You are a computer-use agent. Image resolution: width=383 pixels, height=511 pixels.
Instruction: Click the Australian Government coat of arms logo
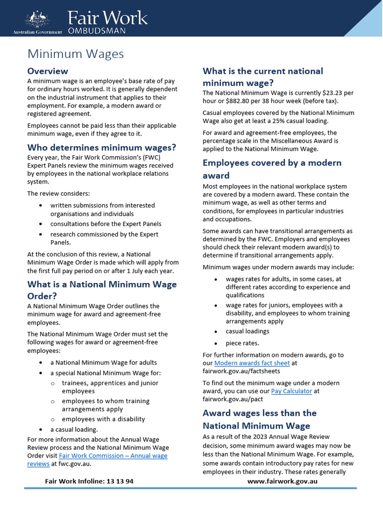[38, 20]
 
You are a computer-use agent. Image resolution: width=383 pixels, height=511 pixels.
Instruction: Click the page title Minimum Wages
[75, 53]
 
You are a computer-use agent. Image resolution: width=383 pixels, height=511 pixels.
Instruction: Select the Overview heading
[47, 71]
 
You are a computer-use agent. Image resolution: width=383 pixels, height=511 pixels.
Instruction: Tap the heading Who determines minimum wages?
[101, 147]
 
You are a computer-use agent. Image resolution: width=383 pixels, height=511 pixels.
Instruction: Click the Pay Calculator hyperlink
[291, 391]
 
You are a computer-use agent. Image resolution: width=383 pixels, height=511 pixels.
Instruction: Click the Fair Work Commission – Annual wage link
[113, 456]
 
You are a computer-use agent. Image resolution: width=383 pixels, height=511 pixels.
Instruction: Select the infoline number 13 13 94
[119, 482]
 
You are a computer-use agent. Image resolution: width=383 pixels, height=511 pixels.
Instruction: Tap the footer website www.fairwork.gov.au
[282, 482]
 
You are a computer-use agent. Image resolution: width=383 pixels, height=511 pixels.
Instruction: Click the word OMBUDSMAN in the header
[97, 31]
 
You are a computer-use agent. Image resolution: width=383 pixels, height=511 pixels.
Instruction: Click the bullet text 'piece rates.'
[242, 343]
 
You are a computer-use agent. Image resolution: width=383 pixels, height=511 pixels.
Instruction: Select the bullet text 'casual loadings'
[247, 331]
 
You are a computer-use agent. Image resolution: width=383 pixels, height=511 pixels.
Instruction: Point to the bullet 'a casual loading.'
[74, 429]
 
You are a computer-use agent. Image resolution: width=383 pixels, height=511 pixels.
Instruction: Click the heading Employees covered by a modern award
[272, 169]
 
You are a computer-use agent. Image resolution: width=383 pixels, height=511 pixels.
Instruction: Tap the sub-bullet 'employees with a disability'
[103, 419]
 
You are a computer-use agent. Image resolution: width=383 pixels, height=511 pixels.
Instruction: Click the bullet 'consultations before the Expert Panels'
[106, 224]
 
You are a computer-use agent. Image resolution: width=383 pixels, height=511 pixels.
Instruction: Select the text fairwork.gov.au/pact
[232, 399]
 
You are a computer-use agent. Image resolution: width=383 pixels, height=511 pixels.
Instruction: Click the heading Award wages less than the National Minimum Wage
[259, 419]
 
